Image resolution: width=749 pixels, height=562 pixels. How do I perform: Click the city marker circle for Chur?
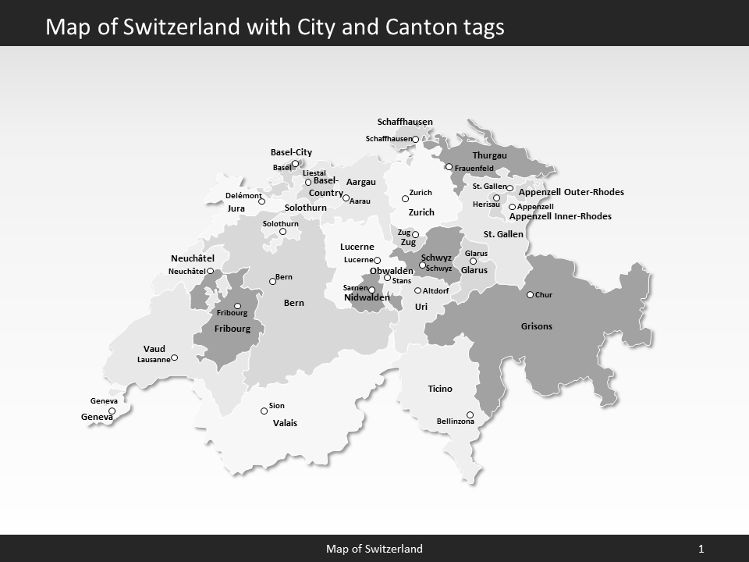point(530,295)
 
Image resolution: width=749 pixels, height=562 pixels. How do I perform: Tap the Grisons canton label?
point(536,326)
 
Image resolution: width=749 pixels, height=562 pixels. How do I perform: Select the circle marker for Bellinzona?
point(470,414)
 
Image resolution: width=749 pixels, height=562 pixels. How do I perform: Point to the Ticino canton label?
point(439,389)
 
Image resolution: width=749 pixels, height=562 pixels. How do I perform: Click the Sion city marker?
point(264,411)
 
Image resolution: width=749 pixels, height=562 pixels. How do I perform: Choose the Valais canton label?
point(284,424)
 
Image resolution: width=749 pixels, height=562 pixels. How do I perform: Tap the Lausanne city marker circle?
point(174,357)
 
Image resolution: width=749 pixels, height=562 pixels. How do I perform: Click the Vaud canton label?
point(154,349)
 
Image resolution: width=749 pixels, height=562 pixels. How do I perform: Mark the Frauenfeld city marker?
point(449,167)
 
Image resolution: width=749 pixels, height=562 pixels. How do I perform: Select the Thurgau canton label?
point(489,155)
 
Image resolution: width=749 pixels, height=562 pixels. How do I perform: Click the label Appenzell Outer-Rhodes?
point(570,192)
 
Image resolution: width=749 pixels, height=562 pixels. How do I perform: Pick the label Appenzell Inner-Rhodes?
point(559,216)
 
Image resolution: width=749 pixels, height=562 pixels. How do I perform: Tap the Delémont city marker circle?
point(262,201)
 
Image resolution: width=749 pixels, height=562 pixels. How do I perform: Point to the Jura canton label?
point(236,209)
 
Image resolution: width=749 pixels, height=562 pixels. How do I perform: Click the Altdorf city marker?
point(417,290)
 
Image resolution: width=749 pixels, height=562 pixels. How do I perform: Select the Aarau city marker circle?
point(346,198)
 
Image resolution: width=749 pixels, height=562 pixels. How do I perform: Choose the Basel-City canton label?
point(291,152)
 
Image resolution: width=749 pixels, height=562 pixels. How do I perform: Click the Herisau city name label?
point(486,205)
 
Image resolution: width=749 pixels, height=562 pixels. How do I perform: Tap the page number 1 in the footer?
point(701,549)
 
